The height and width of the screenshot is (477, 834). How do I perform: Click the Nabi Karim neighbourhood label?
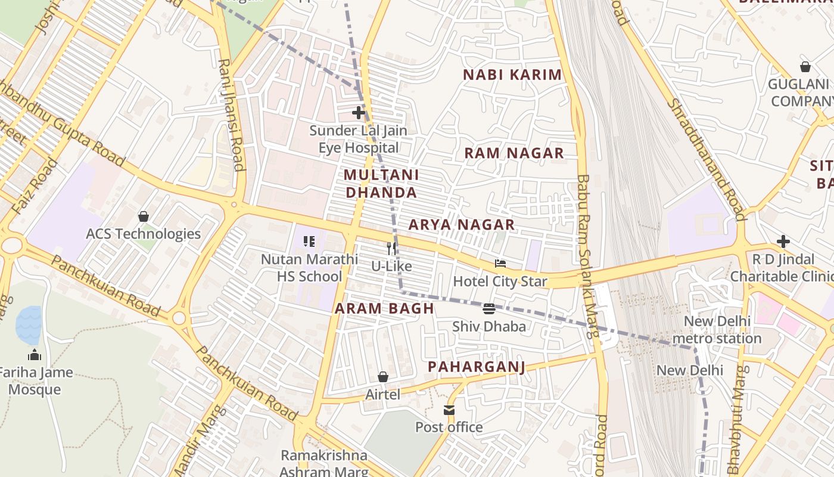coord(512,75)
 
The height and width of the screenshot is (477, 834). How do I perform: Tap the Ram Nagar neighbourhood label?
coord(514,153)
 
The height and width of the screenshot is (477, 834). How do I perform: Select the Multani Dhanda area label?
coord(381,184)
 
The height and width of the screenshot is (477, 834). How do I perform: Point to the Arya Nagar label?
coord(461,225)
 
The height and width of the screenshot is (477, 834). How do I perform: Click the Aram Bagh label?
coord(384,308)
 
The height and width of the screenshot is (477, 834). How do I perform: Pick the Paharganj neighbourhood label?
coord(477,367)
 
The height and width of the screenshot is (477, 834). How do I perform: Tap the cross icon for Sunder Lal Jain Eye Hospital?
coord(359,112)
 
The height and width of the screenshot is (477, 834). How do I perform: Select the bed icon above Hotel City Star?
coord(500,264)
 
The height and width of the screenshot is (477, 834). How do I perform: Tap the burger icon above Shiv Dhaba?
coord(489,308)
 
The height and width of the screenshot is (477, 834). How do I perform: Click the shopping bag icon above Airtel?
coord(383,377)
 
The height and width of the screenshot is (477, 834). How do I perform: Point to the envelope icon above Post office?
coord(449,410)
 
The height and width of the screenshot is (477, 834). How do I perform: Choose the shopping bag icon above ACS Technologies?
coord(143,216)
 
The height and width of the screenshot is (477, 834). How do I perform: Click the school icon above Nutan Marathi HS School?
coord(309,241)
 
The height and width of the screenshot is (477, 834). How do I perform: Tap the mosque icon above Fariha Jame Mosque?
coord(35,355)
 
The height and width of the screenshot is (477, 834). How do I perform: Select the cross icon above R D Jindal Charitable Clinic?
coord(783,241)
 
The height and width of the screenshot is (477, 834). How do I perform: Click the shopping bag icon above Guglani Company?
coord(805,67)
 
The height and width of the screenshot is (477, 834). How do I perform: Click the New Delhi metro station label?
coord(717,330)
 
